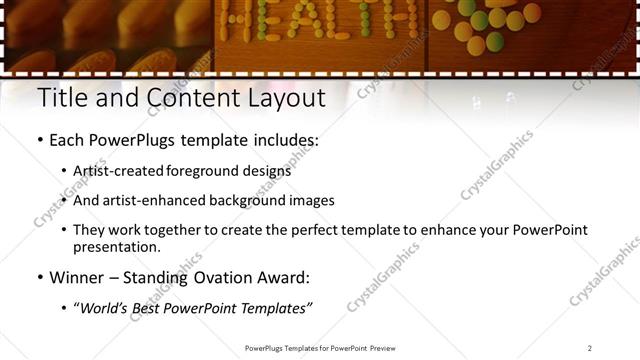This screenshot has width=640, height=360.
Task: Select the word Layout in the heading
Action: pyautogui.click(x=285, y=98)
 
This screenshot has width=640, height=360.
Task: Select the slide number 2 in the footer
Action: pyautogui.click(x=590, y=348)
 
